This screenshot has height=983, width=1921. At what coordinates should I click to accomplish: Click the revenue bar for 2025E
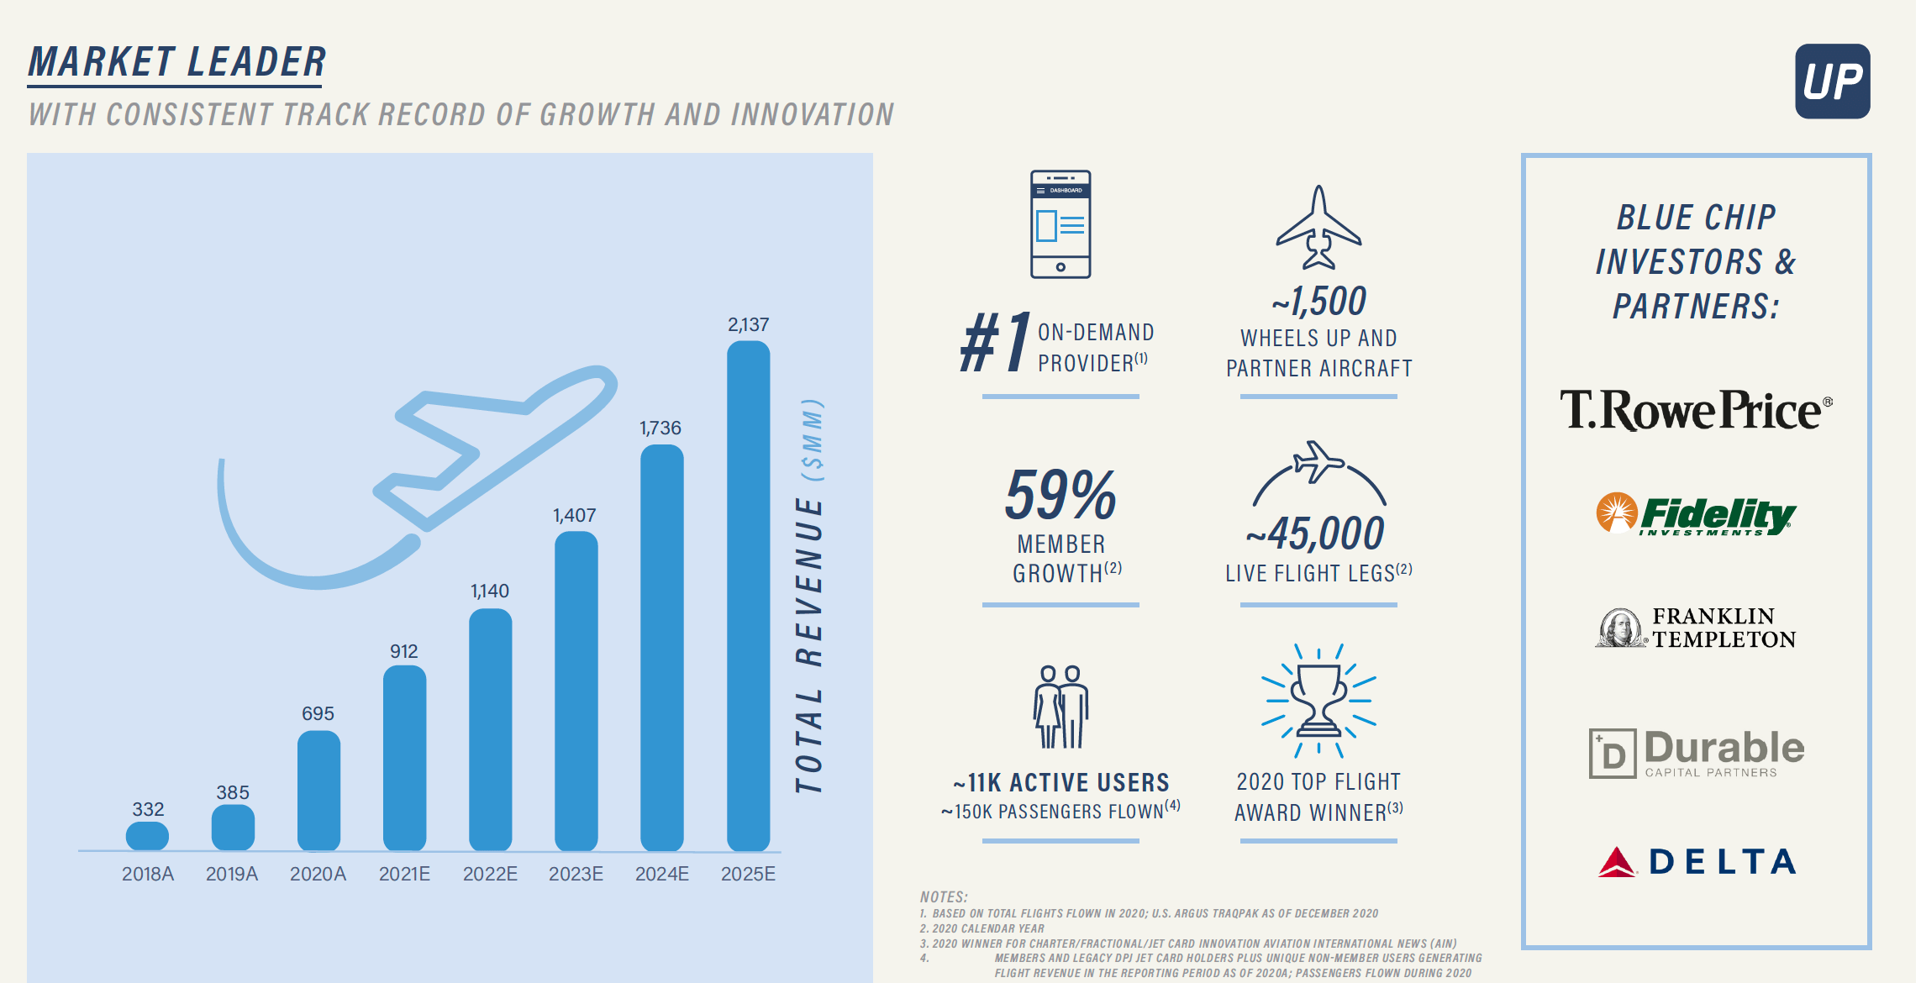748,597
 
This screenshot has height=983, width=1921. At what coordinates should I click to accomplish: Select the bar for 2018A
147,836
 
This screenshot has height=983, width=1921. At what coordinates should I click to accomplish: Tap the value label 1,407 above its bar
575,515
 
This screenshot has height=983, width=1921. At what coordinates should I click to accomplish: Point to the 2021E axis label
404,874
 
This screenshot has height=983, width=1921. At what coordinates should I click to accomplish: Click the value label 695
318,713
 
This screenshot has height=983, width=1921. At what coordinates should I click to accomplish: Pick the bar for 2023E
576,691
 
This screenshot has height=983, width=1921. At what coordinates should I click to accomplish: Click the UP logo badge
1832,81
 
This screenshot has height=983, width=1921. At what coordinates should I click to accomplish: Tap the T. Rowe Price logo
1695,410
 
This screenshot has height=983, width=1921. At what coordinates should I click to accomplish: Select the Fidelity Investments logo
1696,514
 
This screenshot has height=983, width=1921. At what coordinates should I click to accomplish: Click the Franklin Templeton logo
1696,628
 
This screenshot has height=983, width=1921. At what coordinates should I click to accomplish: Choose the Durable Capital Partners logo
1696,753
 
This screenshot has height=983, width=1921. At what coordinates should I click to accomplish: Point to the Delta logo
1696,861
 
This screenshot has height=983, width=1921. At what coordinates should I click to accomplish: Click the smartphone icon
1060,224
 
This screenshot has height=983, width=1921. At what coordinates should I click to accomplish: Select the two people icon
1060,706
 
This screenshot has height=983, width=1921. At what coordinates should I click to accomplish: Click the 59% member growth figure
1060,496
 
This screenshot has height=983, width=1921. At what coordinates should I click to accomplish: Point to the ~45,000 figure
1316,534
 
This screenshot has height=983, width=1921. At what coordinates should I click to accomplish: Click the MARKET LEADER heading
176,62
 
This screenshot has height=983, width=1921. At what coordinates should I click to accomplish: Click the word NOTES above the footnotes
944,896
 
